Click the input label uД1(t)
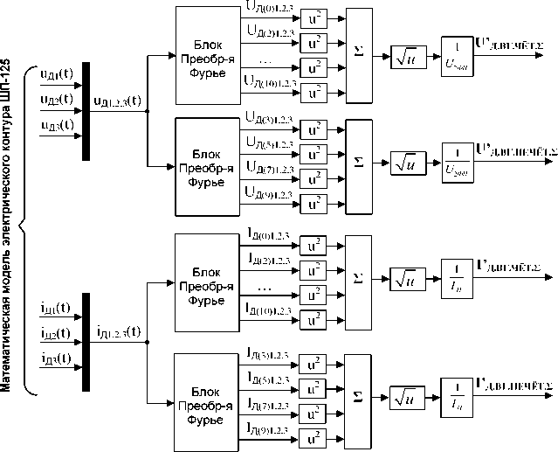pyautogui.click(x=56, y=74)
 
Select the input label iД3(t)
pyautogui.click(x=56, y=358)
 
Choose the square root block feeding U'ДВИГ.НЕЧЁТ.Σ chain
pyautogui.click(x=407, y=162)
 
